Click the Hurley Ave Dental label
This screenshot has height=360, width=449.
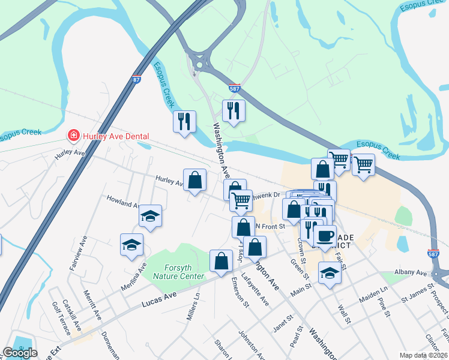(115, 136)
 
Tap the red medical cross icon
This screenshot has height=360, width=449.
(74, 136)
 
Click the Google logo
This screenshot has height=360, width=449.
(19, 353)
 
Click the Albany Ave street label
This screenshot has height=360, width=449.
(410, 272)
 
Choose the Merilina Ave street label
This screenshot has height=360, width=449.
(137, 275)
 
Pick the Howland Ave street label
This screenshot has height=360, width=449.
(122, 201)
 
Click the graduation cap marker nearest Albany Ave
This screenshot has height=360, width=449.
(329, 274)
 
